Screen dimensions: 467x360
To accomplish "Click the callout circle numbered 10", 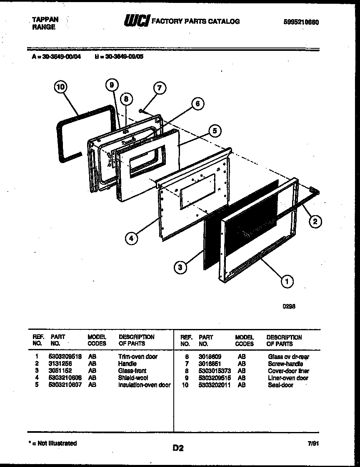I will click(x=61, y=87).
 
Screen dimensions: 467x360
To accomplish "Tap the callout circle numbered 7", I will click(x=159, y=88).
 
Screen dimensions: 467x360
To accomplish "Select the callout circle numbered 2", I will click(x=315, y=221).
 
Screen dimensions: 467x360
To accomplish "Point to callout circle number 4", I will click(x=131, y=239).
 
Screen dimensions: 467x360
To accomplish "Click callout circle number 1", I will click(x=287, y=281).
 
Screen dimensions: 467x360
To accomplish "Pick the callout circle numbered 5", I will click(x=215, y=131).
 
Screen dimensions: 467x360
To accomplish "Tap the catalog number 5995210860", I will click(x=298, y=23).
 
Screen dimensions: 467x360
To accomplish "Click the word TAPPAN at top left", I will click(x=45, y=19).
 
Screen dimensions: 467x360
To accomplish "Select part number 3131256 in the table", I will click(x=60, y=364).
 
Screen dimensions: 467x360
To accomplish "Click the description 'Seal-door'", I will click(x=280, y=385).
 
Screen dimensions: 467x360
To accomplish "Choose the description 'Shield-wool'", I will click(x=133, y=378).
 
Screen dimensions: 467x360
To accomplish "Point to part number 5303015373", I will click(x=215, y=371).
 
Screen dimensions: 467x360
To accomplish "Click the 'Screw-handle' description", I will click(x=285, y=364).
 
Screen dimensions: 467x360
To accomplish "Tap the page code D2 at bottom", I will click(x=178, y=448).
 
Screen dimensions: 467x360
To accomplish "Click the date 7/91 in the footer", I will click(x=312, y=444).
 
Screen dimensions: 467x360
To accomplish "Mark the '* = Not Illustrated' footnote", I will click(x=52, y=443).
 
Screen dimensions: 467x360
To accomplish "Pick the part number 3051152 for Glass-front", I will click(x=60, y=371).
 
